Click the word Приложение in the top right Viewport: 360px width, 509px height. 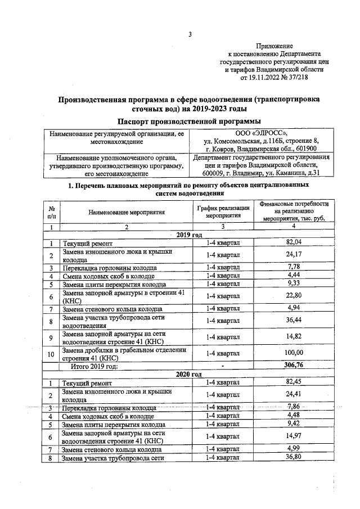coord(274,46)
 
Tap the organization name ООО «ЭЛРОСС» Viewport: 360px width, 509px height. coord(261,133)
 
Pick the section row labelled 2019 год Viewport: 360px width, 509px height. coord(188,235)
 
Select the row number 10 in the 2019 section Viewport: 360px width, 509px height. coord(51,353)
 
